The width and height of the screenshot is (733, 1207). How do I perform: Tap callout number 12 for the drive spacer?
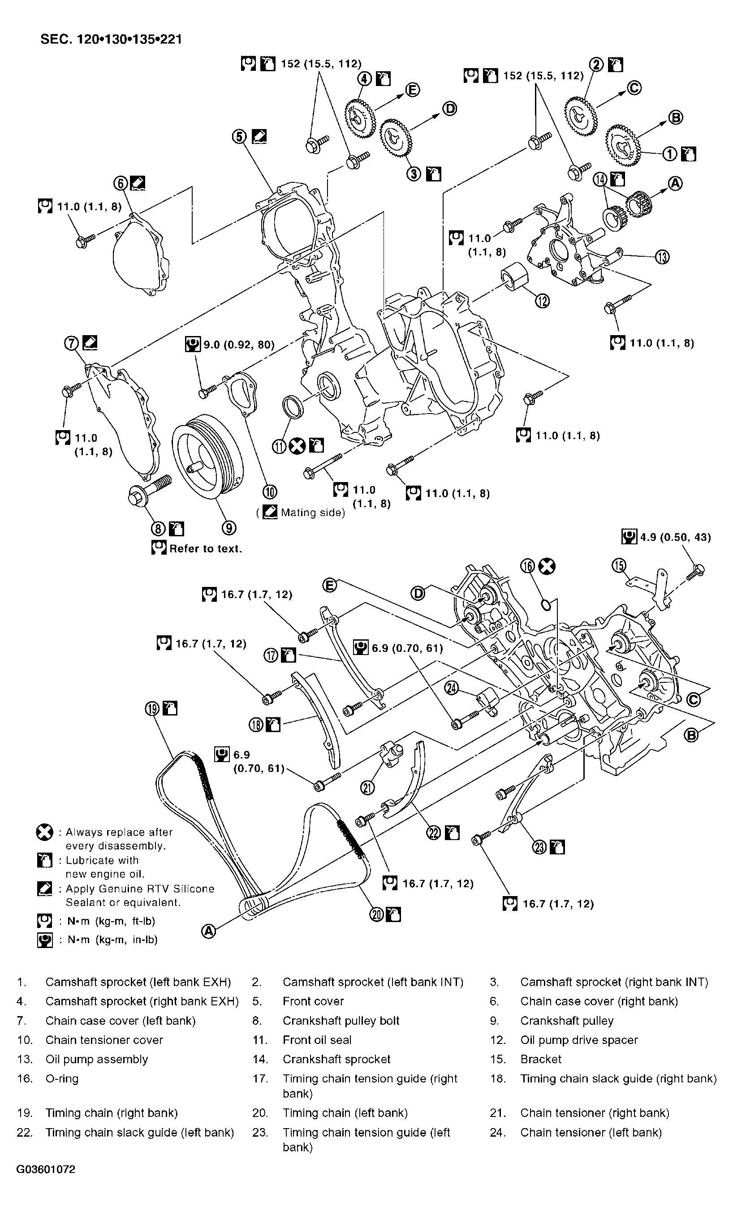[542, 301]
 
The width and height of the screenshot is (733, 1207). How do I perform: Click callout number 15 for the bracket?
[619, 566]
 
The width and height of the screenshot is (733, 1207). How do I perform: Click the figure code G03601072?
[46, 1169]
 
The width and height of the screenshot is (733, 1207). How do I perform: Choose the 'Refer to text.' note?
[205, 549]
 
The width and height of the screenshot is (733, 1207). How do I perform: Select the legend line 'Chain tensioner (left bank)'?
[591, 1133]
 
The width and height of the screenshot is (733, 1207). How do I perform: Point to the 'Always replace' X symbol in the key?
[45, 832]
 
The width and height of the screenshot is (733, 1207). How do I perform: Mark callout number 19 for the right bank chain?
[152, 708]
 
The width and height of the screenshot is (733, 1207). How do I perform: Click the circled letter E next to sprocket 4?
[413, 90]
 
